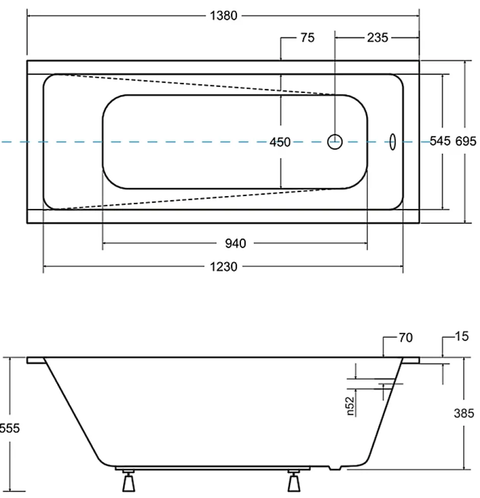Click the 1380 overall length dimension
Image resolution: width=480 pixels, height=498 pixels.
point(224,15)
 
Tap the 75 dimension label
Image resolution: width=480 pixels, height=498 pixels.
point(307,38)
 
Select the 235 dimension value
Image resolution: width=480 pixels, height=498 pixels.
point(377,38)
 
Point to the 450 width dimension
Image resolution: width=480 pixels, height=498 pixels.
point(280,142)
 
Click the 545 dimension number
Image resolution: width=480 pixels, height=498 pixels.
point(440,141)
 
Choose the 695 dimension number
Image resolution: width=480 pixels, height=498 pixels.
point(466,141)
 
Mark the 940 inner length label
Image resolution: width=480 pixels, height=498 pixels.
point(235,244)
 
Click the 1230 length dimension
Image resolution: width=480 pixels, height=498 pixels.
point(224,267)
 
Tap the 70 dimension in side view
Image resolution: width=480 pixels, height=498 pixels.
point(406,338)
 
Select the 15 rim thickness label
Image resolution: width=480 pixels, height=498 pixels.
point(462,336)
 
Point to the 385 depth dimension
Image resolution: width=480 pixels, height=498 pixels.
point(464,413)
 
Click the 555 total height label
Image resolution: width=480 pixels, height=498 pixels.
point(10,428)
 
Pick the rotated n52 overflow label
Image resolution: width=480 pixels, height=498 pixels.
point(350,406)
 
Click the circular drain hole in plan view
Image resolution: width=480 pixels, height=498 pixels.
point(335,141)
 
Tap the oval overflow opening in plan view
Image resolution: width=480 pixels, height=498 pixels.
point(393,141)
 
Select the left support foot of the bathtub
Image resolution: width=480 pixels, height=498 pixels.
point(129,481)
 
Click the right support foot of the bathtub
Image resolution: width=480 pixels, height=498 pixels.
point(294,481)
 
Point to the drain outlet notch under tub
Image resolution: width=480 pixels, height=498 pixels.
point(335,468)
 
